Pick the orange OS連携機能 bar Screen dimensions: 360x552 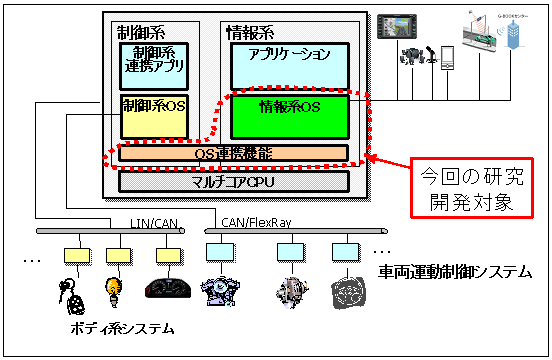[x=233, y=154]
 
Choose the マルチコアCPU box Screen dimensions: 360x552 [x=233, y=181]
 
